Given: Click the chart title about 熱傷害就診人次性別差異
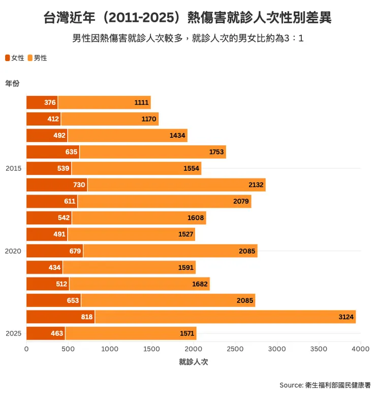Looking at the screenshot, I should point(188,18).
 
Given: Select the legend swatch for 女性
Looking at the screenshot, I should point(8,58).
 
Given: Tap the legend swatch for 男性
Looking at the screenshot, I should point(30,58).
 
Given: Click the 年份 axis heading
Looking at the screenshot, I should point(12,83).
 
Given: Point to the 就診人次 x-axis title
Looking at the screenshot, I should point(193,362).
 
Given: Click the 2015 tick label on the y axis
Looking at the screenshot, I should point(14,168).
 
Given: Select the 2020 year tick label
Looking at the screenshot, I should point(14,251).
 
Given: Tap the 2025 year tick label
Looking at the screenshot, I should point(14,333).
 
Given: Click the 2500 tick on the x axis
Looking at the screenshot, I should point(235,349).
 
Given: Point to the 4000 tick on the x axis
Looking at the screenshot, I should point(360,349).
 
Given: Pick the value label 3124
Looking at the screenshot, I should point(346,317).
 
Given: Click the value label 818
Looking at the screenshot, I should point(87,317).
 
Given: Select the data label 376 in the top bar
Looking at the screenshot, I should point(50,103).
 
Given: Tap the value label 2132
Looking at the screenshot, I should point(256,185).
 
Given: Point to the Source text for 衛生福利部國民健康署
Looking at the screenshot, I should point(325,385).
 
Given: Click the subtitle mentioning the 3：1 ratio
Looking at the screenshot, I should point(188,39).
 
